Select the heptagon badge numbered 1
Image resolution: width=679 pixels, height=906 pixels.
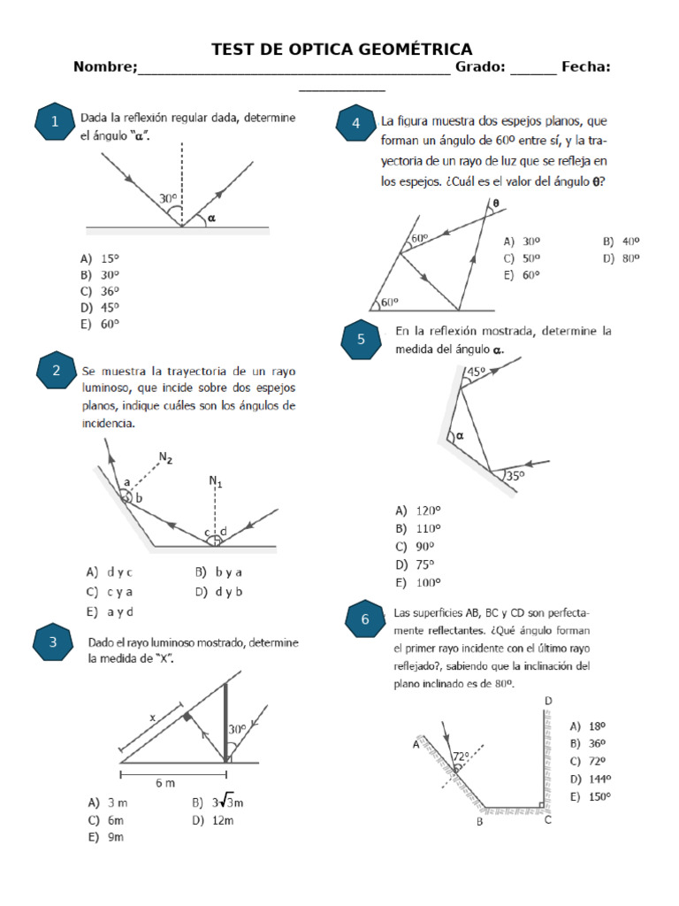click(x=55, y=123)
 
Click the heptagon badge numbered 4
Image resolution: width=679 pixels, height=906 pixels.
click(x=356, y=123)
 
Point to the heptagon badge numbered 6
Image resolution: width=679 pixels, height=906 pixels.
click(x=365, y=620)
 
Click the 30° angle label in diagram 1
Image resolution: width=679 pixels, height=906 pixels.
click(x=167, y=200)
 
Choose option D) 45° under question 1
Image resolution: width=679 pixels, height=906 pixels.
click(x=99, y=307)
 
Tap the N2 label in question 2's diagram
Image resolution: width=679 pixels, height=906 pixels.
click(x=165, y=457)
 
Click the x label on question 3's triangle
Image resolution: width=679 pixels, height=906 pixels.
click(x=152, y=719)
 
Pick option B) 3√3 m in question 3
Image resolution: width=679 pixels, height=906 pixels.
click(x=217, y=802)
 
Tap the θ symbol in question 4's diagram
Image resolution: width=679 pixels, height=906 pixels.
click(x=496, y=203)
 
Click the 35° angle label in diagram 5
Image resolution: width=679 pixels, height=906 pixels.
click(x=515, y=475)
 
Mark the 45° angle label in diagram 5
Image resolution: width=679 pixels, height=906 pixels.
click(x=476, y=372)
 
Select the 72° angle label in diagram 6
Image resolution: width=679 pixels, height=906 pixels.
click(x=461, y=756)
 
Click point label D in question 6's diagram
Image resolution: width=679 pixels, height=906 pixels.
click(x=547, y=701)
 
